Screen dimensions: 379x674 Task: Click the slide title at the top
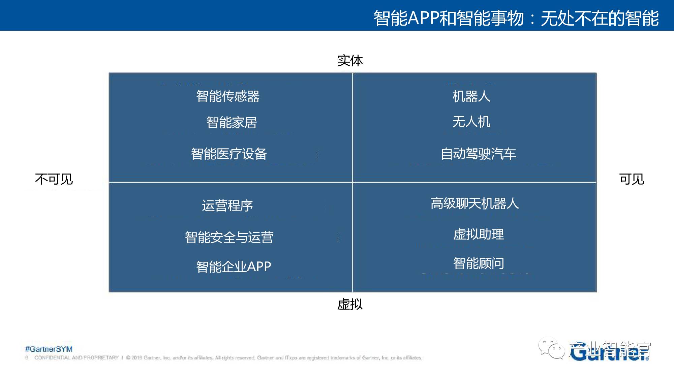pos(516,18)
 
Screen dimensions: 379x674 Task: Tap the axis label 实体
pos(350,61)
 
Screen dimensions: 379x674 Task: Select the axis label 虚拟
pos(350,304)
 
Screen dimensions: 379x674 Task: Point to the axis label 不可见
pos(54,179)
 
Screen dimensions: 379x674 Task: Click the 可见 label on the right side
pos(632,179)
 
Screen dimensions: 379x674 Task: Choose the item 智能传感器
pos(228,96)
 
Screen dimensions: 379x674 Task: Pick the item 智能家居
pos(232,122)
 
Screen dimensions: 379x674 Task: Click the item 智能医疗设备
pos(229,154)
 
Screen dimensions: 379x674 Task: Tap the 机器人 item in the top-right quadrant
pos(471,96)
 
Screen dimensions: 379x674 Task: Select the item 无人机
pos(471,122)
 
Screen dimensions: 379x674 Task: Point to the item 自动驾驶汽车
pos(478,154)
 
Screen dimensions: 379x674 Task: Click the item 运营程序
pos(227,206)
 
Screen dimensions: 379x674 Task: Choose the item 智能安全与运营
pos(229,237)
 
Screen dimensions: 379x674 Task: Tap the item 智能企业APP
pos(234,266)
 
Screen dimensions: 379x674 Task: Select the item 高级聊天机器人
pos(474,203)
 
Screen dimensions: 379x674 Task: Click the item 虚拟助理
pos(479,234)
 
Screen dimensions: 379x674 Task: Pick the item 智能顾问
pos(479,263)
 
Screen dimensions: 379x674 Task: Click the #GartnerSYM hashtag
pos(49,349)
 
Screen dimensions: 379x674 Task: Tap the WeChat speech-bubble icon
pos(551,348)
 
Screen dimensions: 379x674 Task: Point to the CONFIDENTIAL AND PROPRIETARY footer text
pos(76,358)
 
